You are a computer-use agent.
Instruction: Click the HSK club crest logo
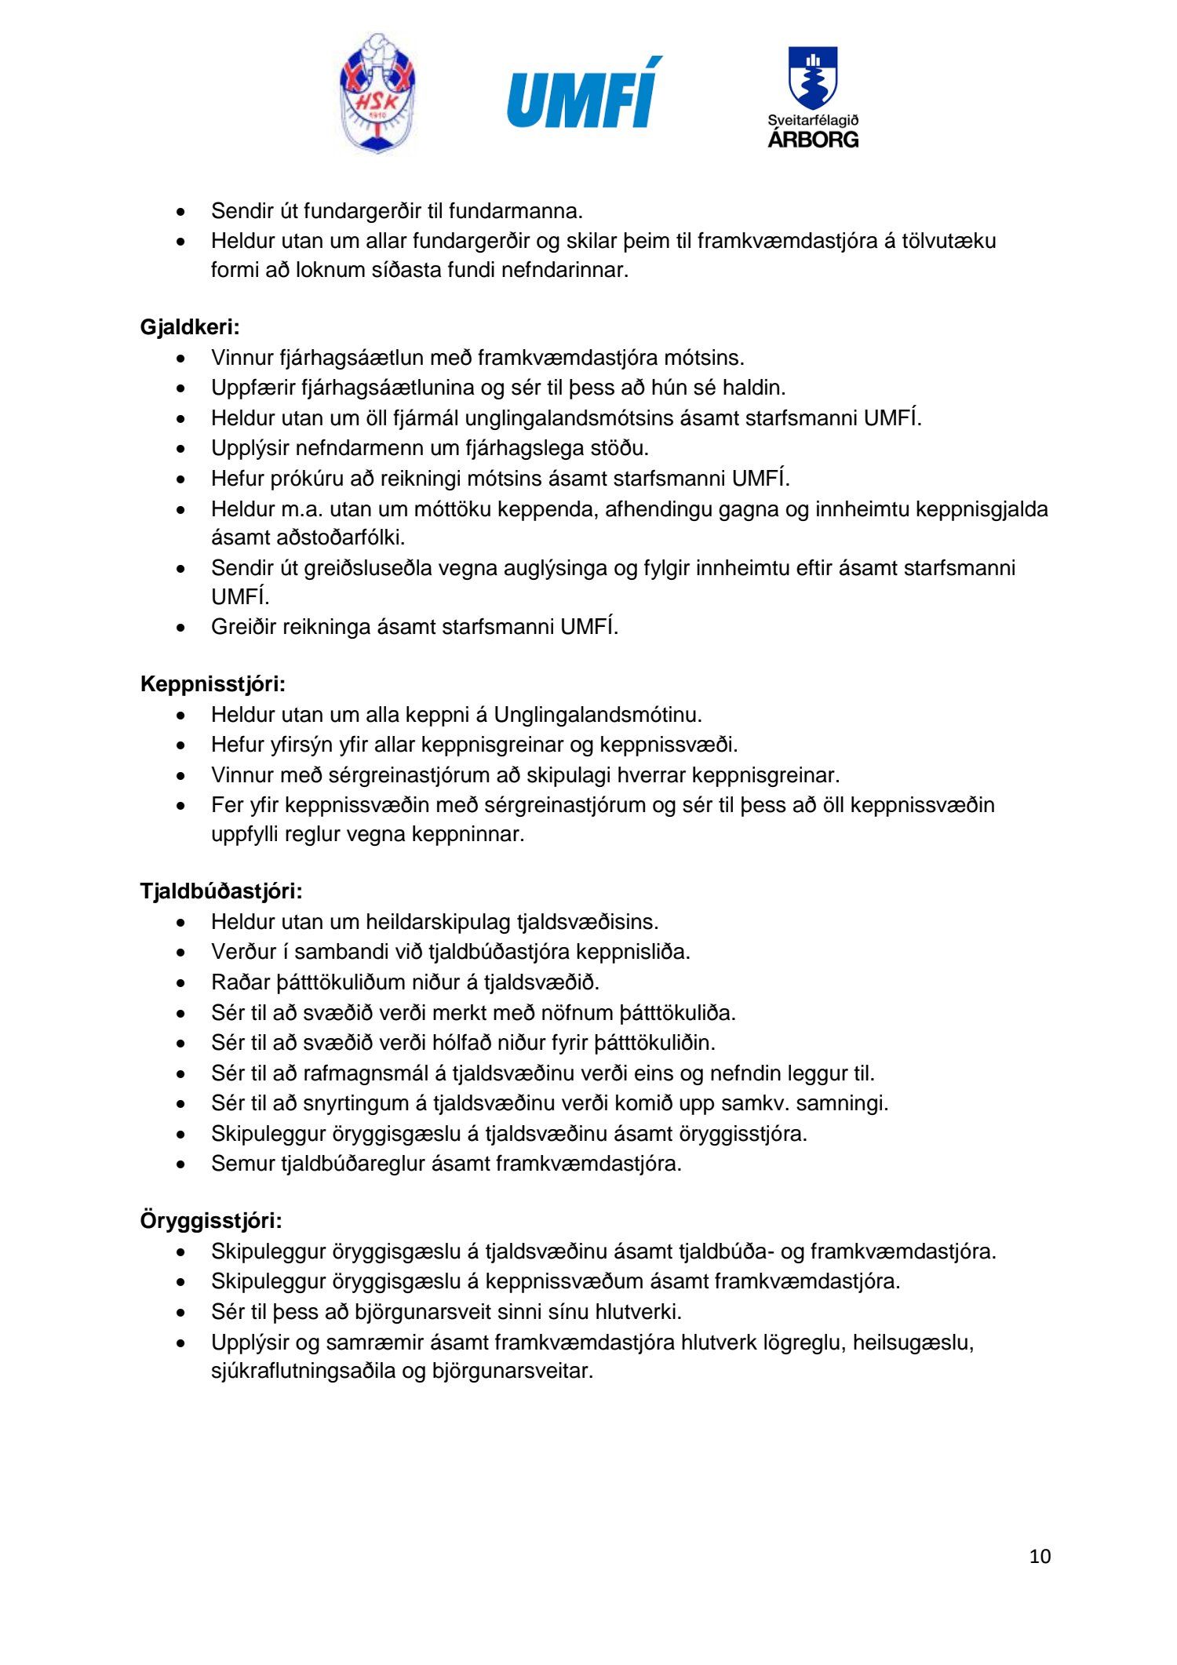pos(377,93)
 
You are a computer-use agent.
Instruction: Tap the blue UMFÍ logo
pos(585,93)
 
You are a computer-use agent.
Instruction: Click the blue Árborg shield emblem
pos(812,78)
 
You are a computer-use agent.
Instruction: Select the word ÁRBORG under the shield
pos(813,140)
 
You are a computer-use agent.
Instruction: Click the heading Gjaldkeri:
pos(190,327)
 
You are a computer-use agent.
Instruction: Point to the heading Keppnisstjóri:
pos(213,684)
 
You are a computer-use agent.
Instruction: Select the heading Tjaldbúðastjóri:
pos(221,891)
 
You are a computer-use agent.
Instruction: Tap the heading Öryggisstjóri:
pos(211,1221)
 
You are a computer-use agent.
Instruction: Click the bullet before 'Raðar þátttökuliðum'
pos(181,983)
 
